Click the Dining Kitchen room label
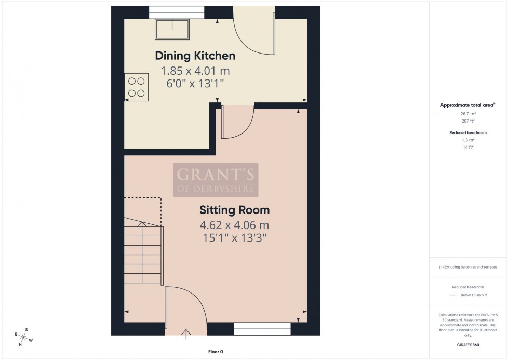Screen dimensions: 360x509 [x=195, y=56]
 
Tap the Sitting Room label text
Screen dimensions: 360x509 [x=234, y=210]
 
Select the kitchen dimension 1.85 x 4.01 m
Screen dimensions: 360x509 [x=195, y=71]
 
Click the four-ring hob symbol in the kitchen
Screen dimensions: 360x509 [x=136, y=87]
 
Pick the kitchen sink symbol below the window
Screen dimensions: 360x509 [x=172, y=29]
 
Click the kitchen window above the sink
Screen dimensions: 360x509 [x=169, y=11]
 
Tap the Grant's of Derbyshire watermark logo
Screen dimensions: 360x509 [x=216, y=180]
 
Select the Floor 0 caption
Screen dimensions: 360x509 [x=215, y=352]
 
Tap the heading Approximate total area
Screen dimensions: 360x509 [x=467, y=105]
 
